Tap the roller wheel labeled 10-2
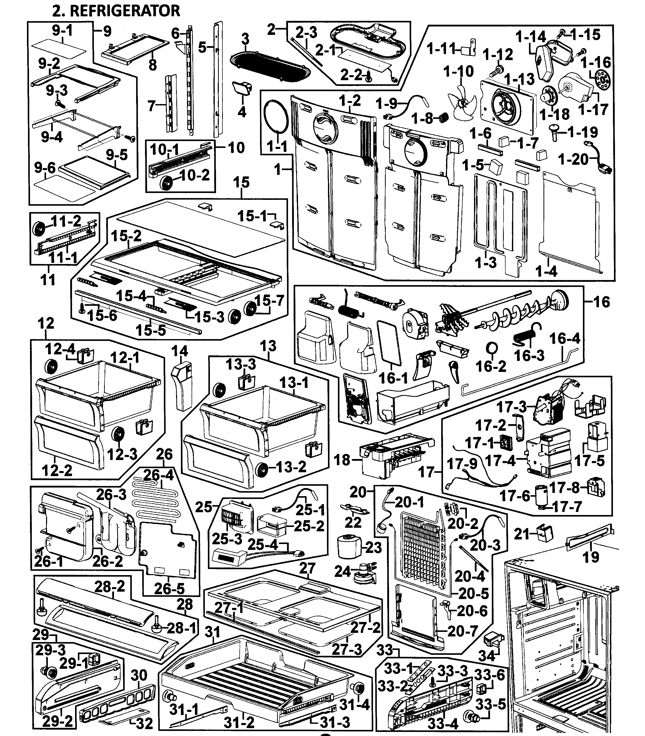167,183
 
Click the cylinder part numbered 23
348,546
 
